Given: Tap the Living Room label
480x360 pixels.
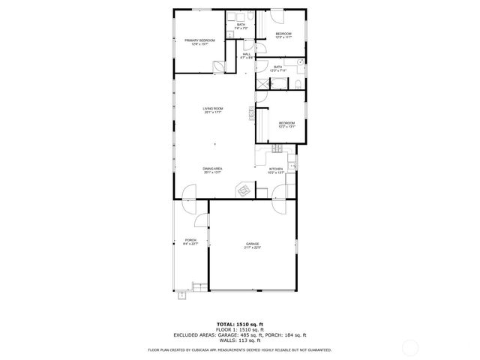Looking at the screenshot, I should [x=213, y=112].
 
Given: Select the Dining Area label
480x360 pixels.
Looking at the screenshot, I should [x=213, y=170].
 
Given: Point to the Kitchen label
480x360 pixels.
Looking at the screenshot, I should [x=276, y=170].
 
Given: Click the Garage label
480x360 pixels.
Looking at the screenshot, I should [x=253, y=245].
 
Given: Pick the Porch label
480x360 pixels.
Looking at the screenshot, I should [x=190, y=241].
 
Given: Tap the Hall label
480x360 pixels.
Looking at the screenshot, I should [x=245, y=55].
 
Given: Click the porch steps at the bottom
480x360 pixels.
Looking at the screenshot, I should [x=182, y=295].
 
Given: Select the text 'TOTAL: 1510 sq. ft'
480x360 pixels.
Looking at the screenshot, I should [x=239, y=323].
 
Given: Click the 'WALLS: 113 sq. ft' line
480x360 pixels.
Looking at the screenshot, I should [x=239, y=340].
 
